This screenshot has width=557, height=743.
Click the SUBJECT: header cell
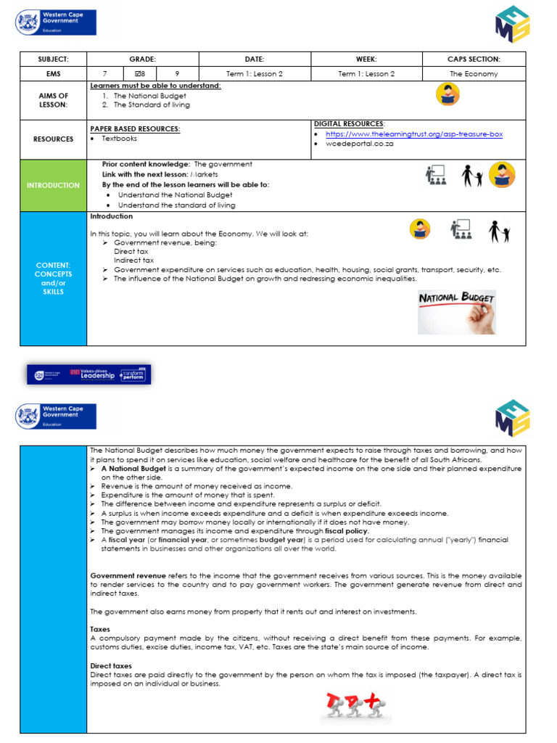[x=54, y=59]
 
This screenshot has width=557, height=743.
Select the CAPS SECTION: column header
[x=475, y=59]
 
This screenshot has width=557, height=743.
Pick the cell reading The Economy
[x=475, y=73]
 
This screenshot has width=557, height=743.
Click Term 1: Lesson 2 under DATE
[x=255, y=73]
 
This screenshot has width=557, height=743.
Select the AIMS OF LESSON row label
[x=54, y=100]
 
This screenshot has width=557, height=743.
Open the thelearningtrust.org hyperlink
[x=413, y=134]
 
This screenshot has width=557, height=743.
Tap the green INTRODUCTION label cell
[x=54, y=185]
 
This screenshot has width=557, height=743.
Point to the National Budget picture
[x=457, y=312]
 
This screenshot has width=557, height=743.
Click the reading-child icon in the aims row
[x=447, y=94]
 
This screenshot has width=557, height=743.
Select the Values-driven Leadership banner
[x=89, y=374]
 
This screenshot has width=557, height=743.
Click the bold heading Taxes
[x=100, y=629]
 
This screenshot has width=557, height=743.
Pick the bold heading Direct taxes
[x=111, y=665]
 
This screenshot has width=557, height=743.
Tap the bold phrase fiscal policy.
[x=347, y=530]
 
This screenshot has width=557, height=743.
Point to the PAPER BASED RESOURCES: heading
[x=135, y=128]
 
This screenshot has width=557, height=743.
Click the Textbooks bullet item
[x=119, y=138]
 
